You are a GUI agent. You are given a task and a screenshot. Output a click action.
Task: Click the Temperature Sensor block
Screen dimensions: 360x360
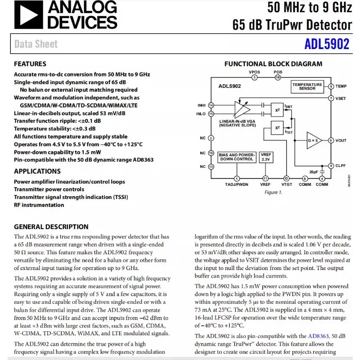307,86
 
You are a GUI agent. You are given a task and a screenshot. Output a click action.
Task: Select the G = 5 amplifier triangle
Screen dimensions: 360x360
313,140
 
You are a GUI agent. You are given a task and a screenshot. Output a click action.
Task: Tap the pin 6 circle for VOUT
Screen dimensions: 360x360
331,140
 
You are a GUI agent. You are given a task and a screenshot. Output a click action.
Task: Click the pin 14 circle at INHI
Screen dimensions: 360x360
211,105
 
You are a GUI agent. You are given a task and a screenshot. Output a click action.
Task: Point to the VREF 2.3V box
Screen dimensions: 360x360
265,157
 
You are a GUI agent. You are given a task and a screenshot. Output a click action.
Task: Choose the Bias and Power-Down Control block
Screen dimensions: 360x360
237,157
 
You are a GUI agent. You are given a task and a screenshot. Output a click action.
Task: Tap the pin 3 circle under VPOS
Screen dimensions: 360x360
254,77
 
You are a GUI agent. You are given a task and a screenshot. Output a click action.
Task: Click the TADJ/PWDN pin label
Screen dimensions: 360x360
237,184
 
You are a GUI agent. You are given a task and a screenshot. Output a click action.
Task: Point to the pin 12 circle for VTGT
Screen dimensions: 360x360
286,179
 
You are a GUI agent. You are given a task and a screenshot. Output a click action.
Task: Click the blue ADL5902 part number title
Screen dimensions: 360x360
327,44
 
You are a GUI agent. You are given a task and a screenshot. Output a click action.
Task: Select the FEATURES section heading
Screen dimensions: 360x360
30,64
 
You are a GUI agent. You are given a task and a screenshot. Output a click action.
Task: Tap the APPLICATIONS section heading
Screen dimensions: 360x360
37,171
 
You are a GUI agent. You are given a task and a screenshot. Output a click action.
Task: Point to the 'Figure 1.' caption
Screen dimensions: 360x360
273,193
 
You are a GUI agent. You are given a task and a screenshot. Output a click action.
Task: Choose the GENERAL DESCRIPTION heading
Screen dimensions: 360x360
51,227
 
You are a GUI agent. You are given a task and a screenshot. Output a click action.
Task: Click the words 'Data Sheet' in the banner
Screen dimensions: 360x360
36,44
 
